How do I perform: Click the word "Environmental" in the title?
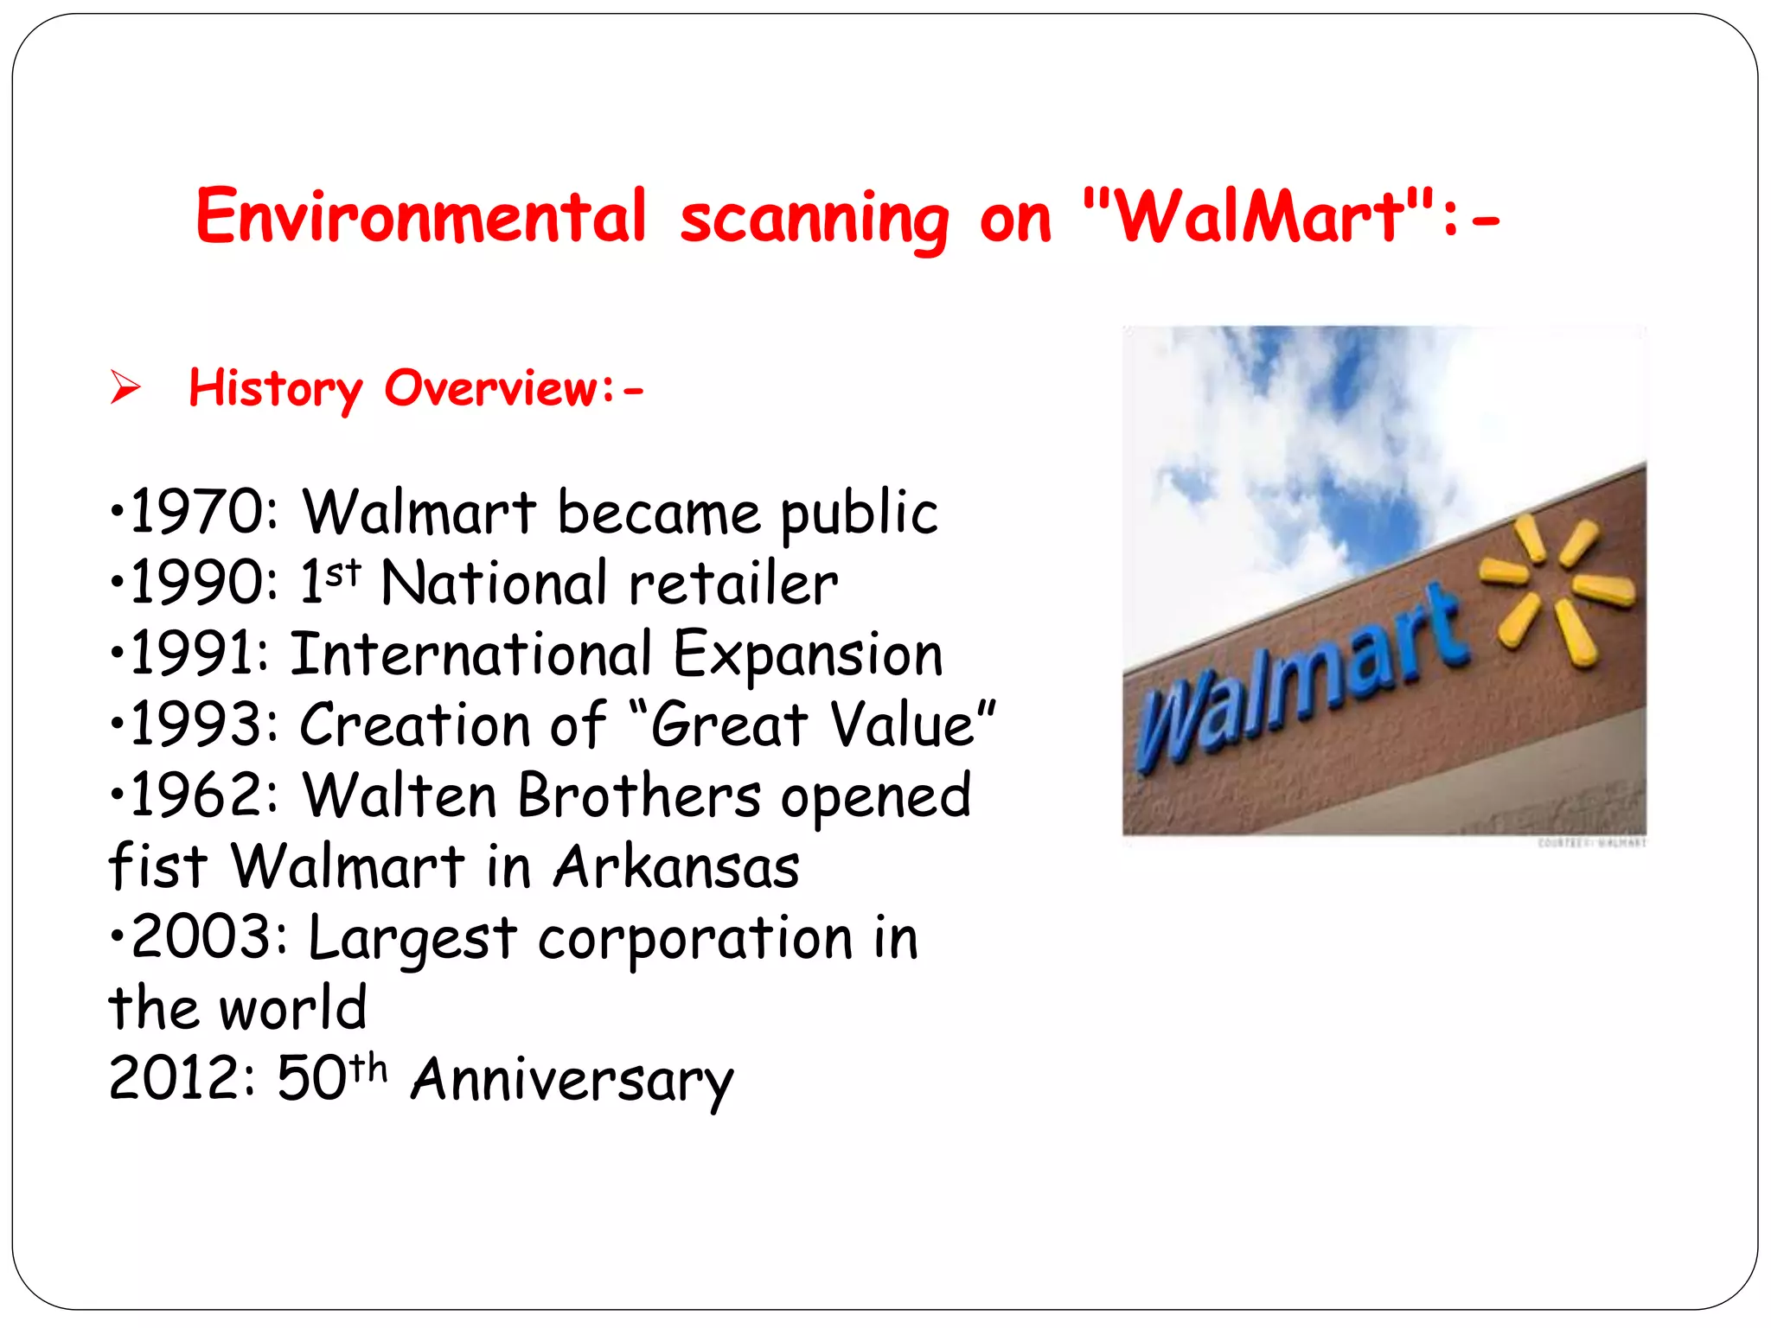(x=421, y=216)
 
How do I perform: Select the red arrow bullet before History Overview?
(x=125, y=386)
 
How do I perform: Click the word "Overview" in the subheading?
(x=490, y=387)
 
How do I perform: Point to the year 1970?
(x=197, y=512)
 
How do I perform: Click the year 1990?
(x=197, y=583)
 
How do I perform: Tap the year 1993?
(x=197, y=725)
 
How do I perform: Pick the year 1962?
(x=197, y=795)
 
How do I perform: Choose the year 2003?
(x=203, y=937)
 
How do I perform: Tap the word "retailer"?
(x=733, y=584)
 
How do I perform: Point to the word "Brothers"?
(x=640, y=795)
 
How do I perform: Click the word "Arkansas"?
(x=676, y=866)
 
